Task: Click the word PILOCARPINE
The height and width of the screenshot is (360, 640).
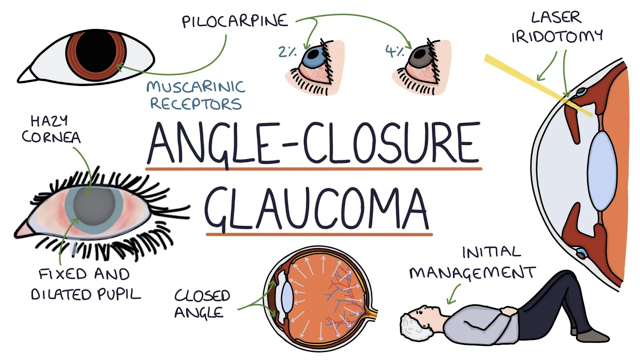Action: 235,21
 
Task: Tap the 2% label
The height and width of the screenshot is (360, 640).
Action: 287,51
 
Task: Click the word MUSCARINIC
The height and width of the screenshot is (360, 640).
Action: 196,87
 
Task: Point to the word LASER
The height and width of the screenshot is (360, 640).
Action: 556,17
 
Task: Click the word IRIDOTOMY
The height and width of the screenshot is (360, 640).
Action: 557,36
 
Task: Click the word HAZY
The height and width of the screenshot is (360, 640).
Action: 49,121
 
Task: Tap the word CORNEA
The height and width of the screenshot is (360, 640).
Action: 51,137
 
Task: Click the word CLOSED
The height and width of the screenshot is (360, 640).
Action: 202,295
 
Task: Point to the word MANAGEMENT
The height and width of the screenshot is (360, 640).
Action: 472,272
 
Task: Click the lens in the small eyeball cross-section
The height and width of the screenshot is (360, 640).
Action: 287,297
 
